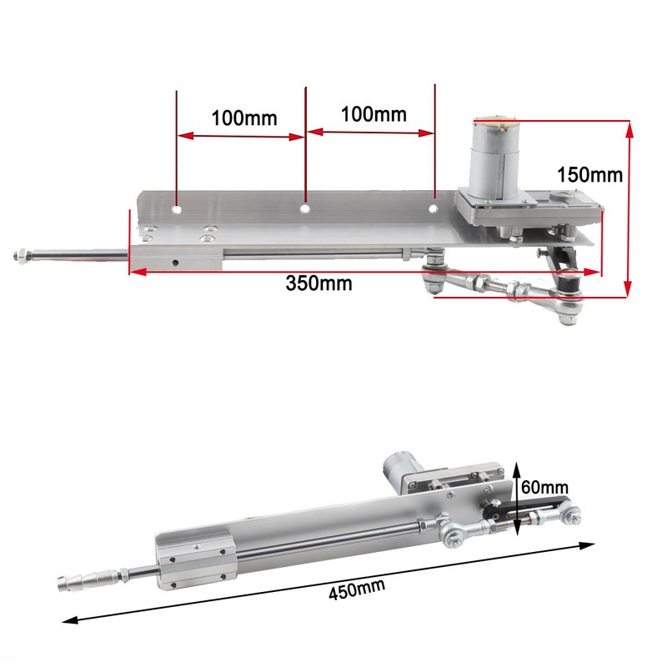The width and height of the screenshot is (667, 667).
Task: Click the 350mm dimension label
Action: point(318,283)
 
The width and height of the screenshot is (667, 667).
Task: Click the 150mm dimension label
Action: point(589,175)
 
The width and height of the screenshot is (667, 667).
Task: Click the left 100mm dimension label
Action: point(243,118)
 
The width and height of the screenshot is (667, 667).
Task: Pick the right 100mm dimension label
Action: point(373,114)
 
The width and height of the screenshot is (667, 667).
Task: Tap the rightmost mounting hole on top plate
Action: point(434,206)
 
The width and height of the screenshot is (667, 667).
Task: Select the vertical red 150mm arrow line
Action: point(629,208)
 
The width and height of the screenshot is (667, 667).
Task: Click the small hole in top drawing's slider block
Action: point(175,260)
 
